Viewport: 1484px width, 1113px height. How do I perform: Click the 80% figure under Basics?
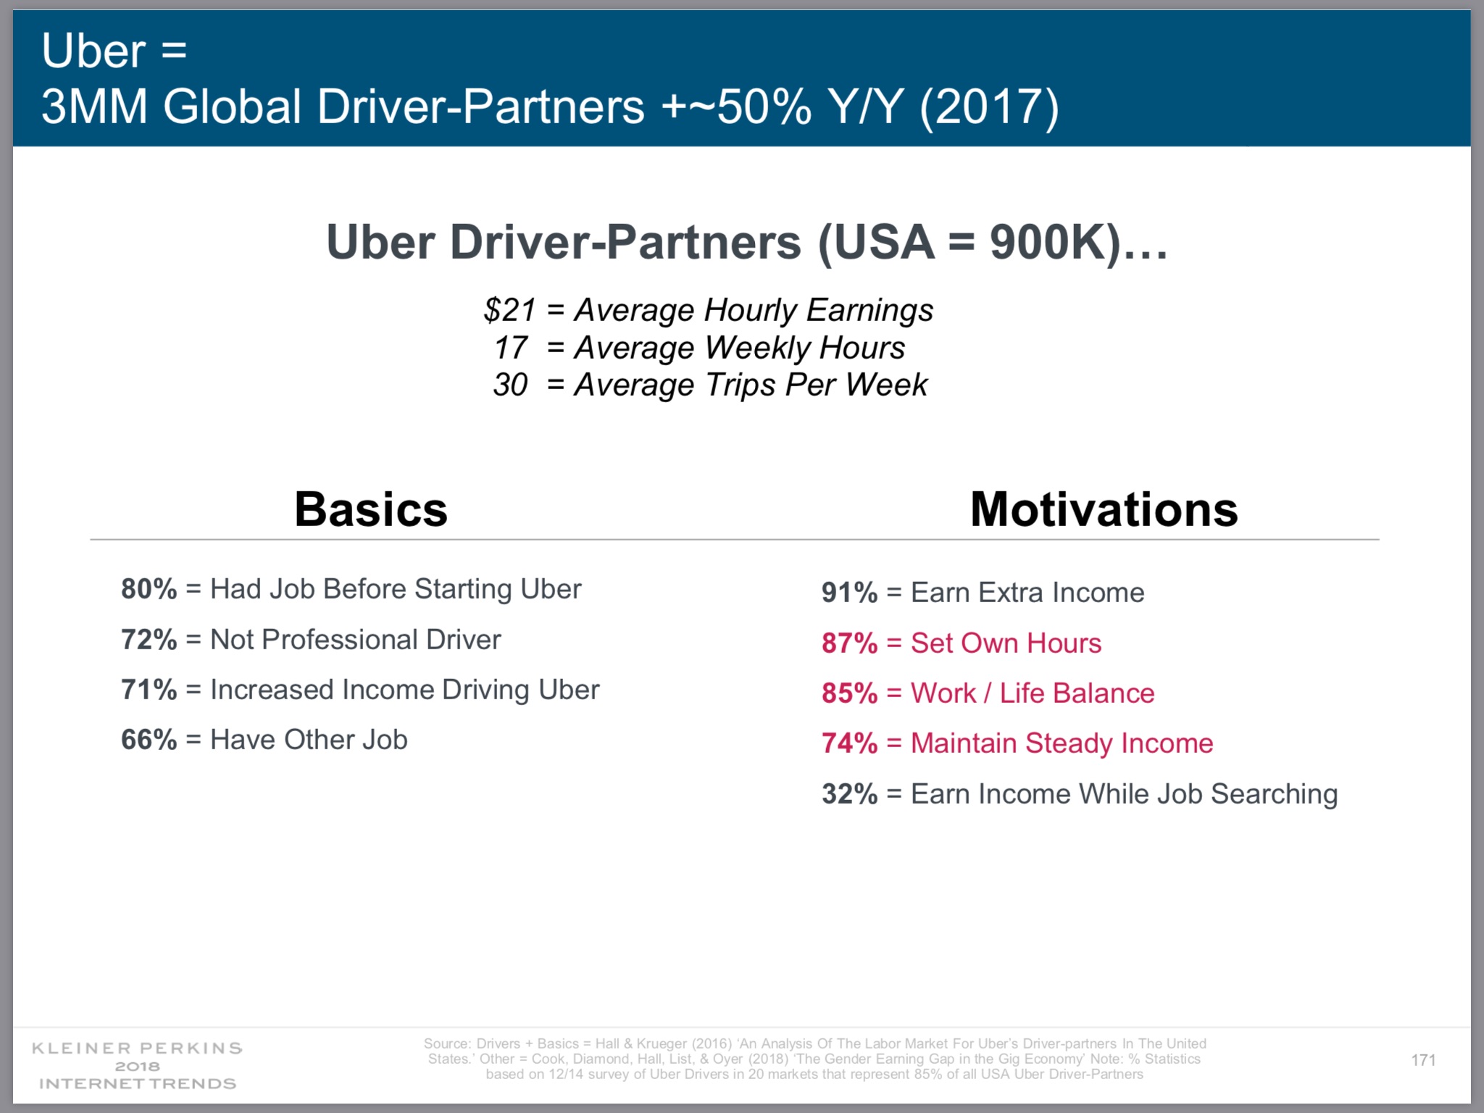point(149,589)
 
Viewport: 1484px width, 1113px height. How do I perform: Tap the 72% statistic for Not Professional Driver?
point(149,640)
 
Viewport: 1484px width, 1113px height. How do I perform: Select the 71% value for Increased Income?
point(149,690)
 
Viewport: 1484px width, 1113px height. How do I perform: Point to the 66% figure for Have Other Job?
point(149,740)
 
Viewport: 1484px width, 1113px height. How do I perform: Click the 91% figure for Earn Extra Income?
point(850,593)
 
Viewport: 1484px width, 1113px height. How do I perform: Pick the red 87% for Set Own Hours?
point(850,643)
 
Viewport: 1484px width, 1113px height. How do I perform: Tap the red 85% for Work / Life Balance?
point(850,693)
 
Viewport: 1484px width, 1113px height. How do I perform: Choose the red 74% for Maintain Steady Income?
point(850,743)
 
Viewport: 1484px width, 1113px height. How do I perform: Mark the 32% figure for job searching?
point(850,794)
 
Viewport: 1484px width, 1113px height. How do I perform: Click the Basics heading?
point(371,509)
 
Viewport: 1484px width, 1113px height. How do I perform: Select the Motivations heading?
point(1104,509)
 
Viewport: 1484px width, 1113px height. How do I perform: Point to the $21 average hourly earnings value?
point(510,310)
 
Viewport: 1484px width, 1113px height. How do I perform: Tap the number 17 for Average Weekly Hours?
point(511,348)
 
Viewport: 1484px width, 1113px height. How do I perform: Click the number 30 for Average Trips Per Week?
point(511,385)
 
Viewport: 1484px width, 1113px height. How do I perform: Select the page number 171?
point(1424,1060)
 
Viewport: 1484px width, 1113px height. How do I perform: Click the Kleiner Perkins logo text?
point(138,1066)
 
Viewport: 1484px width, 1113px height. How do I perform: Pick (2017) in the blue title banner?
point(989,107)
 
